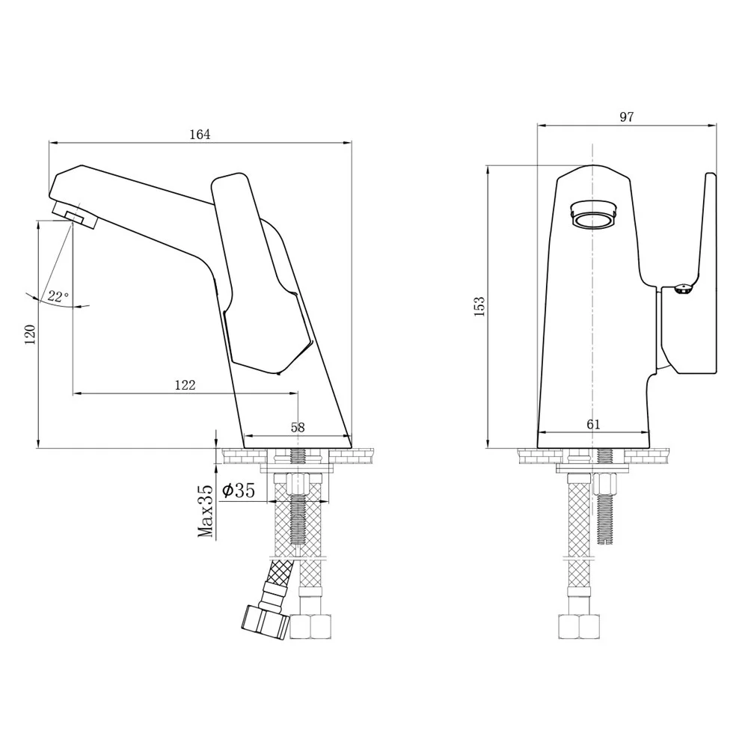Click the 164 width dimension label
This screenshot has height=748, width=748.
(x=200, y=135)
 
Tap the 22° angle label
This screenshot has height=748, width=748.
(x=58, y=297)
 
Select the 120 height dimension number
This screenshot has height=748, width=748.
(x=30, y=334)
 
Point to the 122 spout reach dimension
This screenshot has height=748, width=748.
(x=185, y=384)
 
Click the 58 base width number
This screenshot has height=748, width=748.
(x=298, y=427)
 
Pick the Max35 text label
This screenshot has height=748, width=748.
(x=206, y=511)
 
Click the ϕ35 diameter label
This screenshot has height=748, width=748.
(x=239, y=491)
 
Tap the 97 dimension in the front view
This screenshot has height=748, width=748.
(x=626, y=117)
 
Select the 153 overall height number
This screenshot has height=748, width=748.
(x=479, y=306)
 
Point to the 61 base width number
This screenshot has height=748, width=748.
(x=593, y=424)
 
